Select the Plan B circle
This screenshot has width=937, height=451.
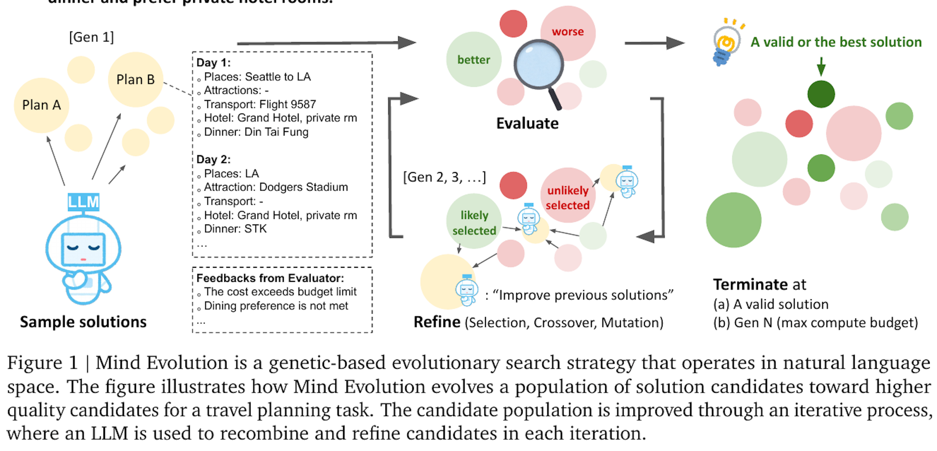(x=135, y=79)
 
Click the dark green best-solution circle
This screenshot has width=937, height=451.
(x=821, y=94)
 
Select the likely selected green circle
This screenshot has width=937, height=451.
(x=474, y=222)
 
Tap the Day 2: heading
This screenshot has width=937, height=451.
(x=213, y=159)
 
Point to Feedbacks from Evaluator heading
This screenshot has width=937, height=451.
(x=270, y=278)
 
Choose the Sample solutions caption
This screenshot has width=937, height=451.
(x=83, y=322)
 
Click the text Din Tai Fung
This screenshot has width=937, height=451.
(x=276, y=132)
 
